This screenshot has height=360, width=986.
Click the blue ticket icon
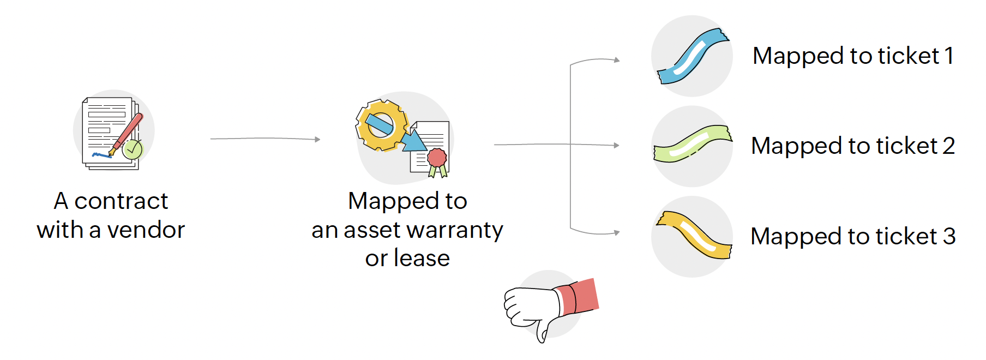693,56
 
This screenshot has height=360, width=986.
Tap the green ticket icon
693,144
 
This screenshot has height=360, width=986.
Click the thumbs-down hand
532,309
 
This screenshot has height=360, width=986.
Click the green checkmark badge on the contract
132,149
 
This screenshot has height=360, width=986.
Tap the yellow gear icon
381,125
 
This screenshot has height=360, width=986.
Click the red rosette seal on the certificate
437,158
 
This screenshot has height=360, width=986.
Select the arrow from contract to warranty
265,139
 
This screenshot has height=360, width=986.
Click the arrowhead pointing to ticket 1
617,60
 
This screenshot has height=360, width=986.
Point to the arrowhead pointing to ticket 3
617,233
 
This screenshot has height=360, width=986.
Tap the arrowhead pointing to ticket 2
616,146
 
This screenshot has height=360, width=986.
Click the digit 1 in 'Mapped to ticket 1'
949,56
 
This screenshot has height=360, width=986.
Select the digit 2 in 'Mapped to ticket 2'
948,146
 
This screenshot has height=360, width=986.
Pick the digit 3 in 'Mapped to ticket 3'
949,237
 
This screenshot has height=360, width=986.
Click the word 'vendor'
146,230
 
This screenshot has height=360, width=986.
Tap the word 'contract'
121,201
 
